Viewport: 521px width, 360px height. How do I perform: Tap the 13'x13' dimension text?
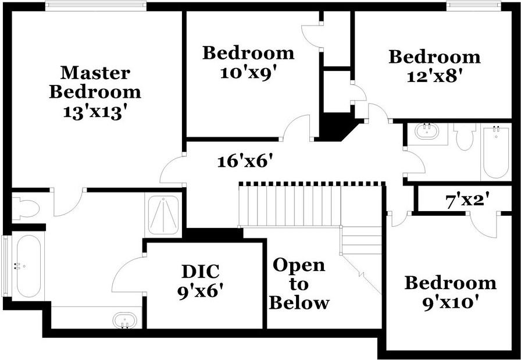(x=95, y=112)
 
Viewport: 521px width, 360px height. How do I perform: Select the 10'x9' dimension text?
(x=248, y=73)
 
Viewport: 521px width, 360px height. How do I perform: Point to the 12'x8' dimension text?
(x=434, y=77)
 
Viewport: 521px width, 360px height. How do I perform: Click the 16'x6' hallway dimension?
(x=245, y=161)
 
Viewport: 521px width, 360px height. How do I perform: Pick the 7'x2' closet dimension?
(x=467, y=201)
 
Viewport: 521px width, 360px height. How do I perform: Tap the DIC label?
(x=200, y=271)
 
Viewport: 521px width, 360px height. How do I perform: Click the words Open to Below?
(x=299, y=284)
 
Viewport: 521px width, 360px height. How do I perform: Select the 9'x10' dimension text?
(x=450, y=302)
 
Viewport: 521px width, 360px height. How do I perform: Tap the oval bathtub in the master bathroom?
(x=28, y=266)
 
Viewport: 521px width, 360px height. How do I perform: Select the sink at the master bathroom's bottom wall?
(x=124, y=320)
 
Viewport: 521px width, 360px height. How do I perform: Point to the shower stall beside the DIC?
(x=163, y=214)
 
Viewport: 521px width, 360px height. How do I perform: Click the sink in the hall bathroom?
(x=431, y=133)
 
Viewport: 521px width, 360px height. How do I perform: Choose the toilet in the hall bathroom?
(x=465, y=136)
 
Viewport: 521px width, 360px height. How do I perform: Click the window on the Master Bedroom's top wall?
(x=95, y=6)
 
